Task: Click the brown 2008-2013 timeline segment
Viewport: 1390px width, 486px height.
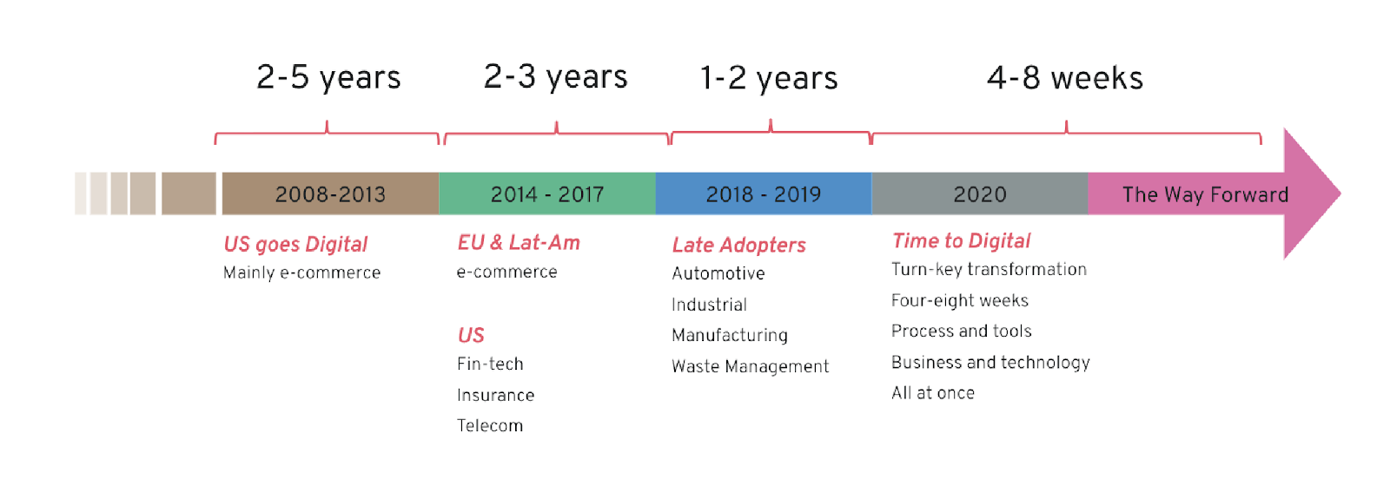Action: coord(330,194)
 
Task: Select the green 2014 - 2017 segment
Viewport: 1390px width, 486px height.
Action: coord(547,194)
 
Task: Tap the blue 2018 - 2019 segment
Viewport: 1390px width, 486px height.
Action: coord(764,194)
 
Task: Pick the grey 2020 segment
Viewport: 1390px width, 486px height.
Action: coord(980,194)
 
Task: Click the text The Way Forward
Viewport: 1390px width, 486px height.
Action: coord(1205,194)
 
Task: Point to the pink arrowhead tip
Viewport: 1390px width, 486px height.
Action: coord(1341,194)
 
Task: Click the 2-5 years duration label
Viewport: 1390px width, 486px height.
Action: coord(329,78)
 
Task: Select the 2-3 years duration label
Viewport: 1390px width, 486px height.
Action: coord(555,77)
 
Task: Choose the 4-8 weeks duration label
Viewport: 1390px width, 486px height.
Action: coord(1065,78)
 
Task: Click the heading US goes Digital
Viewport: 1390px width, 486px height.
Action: coord(295,244)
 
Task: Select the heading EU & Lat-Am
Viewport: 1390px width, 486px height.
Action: coord(519,242)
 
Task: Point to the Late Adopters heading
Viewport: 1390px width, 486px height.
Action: coord(739,246)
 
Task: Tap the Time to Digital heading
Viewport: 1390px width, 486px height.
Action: coord(961,240)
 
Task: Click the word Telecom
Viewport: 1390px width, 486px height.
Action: coord(490,426)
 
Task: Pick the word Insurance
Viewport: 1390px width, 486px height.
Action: coord(496,395)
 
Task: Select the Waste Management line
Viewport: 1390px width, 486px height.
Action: coord(751,366)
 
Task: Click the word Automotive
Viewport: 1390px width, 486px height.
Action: coord(718,273)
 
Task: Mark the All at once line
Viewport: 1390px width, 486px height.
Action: coord(933,393)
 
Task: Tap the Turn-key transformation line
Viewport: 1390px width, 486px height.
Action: coord(990,270)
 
